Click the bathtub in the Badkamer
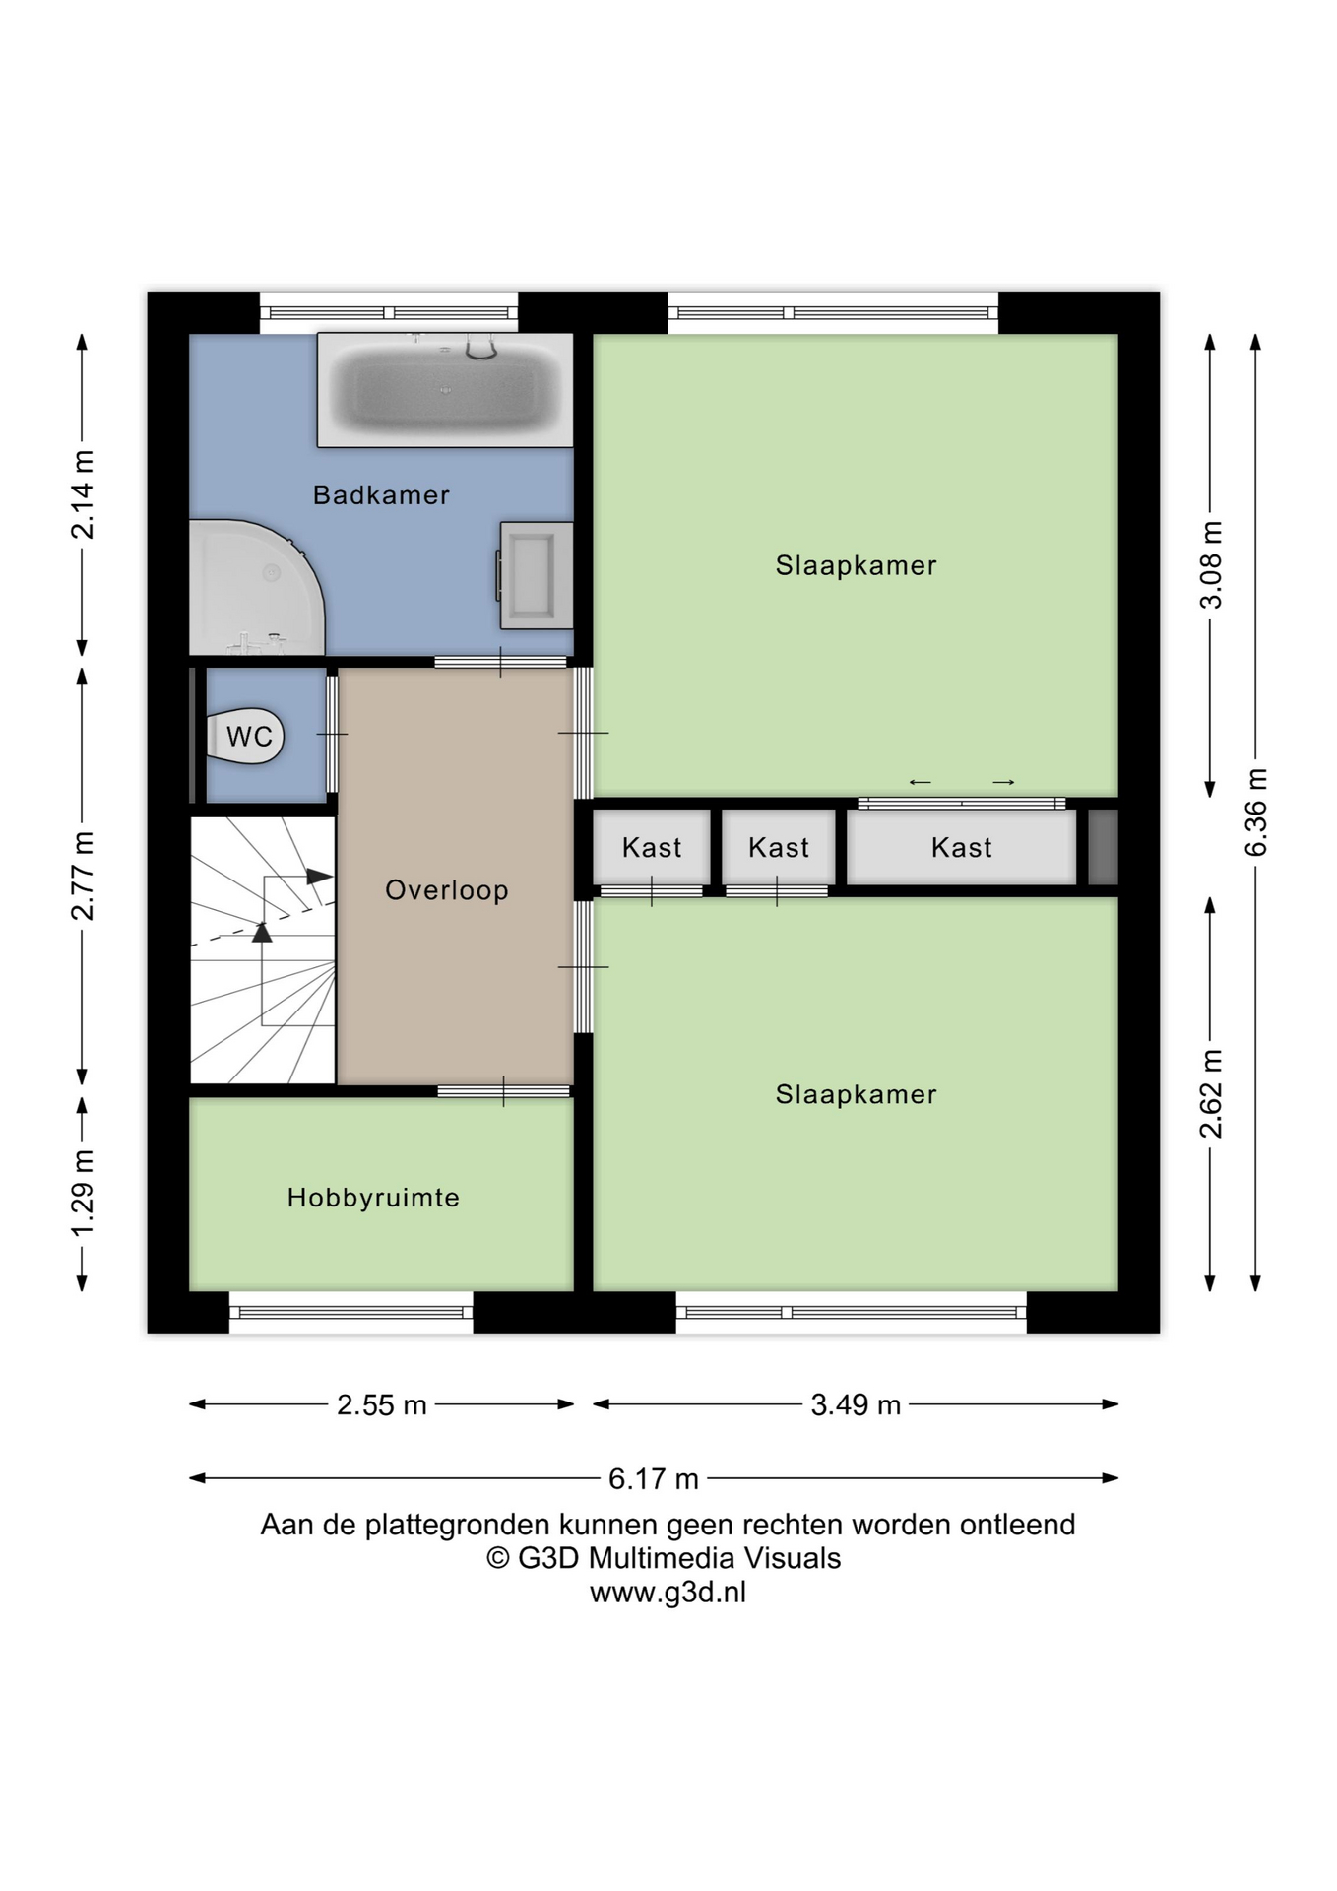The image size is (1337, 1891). point(445,390)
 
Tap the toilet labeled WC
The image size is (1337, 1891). point(246,736)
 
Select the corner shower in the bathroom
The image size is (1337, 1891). point(256,588)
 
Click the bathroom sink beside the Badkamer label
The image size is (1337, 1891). point(537,575)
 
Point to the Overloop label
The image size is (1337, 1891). point(447,890)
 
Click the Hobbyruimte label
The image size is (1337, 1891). point(374,1198)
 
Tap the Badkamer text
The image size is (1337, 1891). point(381,494)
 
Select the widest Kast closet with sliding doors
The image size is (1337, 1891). point(962,847)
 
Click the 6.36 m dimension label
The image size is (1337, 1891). point(1256,813)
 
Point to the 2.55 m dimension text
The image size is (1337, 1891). point(382,1404)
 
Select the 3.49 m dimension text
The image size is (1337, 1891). point(856,1404)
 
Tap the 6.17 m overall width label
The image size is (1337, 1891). point(654,1478)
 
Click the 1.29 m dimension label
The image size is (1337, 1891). point(83,1193)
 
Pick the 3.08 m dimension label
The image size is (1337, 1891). point(1211,565)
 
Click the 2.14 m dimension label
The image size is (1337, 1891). point(83,494)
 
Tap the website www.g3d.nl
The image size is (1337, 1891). point(668,1592)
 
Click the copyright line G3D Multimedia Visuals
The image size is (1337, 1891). point(665,1558)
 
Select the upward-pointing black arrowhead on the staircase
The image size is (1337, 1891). point(262,932)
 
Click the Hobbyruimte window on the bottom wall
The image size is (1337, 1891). point(351,1312)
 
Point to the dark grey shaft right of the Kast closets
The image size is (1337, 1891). point(1103,847)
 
